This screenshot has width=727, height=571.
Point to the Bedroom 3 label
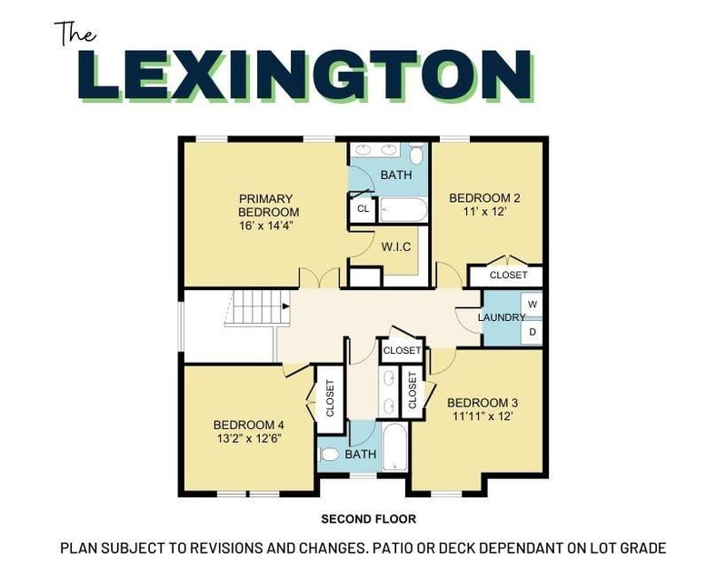tap(483, 409)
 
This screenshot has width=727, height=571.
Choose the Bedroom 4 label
tap(249, 431)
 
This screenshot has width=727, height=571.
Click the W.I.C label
tap(398, 245)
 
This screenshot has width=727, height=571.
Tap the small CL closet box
tap(363, 208)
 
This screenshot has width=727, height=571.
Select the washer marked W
tap(533, 304)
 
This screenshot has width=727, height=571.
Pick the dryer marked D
tap(533, 333)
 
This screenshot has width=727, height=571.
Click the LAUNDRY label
tap(503, 317)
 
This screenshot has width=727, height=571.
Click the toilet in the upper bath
tap(417, 155)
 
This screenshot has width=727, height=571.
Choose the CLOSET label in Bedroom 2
tap(507, 275)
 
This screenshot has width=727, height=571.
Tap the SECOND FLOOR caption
tap(368, 519)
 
